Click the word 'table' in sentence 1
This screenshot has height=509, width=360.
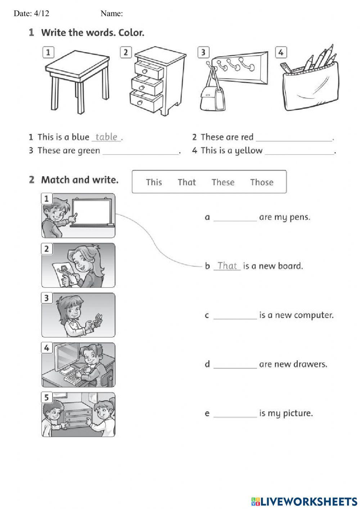click(x=106, y=137)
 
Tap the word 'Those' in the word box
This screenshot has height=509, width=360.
click(x=262, y=182)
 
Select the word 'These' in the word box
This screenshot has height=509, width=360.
click(x=223, y=182)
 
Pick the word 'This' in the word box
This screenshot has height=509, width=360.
click(x=154, y=182)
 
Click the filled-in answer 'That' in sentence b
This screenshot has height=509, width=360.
click(x=227, y=266)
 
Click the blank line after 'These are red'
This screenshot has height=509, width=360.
click(x=294, y=139)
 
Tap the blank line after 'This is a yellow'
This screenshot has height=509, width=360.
click(x=300, y=152)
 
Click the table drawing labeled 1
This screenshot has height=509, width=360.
click(x=78, y=79)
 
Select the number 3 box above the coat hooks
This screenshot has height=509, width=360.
click(x=203, y=52)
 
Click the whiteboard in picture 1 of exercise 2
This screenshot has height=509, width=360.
click(x=92, y=212)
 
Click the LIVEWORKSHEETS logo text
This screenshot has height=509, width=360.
click(x=308, y=501)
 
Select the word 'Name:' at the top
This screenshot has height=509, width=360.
click(x=112, y=14)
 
